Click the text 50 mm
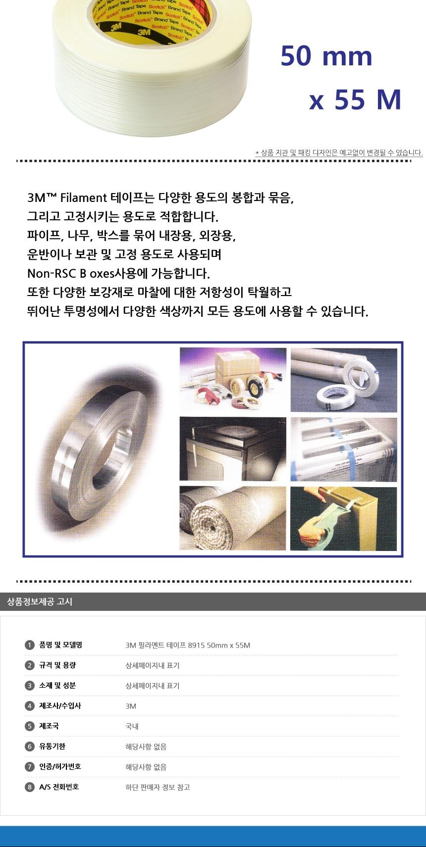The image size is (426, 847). [326, 56]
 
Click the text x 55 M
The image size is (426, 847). [355, 100]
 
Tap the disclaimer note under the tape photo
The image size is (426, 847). [339, 152]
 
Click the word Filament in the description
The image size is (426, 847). [83, 198]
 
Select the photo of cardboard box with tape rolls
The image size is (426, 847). [233, 379]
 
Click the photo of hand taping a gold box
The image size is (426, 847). [343, 518]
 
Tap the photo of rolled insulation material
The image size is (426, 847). [233, 518]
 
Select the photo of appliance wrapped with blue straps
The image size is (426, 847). [343, 449]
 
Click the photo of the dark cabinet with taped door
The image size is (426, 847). [233, 449]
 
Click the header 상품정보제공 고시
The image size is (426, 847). [40, 601]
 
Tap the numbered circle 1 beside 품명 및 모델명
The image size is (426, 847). [30, 645]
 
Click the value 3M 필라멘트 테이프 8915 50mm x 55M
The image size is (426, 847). [188, 645]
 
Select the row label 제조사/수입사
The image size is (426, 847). [60, 706]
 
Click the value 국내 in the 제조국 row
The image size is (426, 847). [132, 726]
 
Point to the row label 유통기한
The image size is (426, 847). [52, 746]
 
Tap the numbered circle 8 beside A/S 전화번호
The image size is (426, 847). [30, 787]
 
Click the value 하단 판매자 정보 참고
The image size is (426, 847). [158, 787]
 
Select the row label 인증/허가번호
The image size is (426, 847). [60, 766]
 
